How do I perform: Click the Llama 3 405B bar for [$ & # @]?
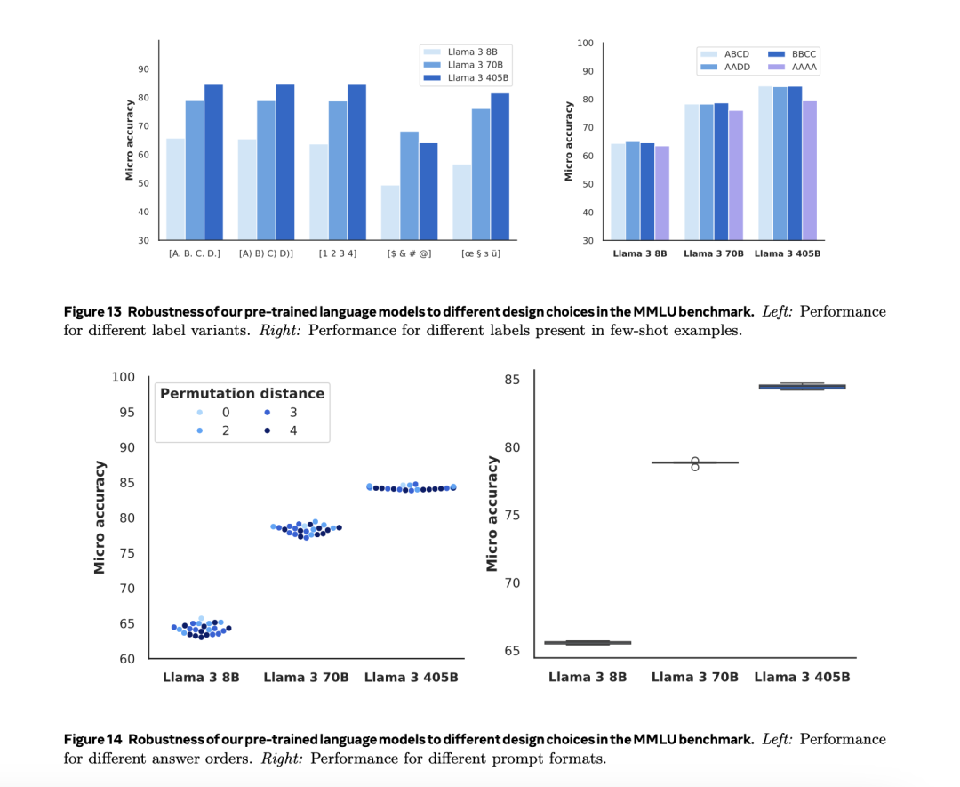tap(428, 191)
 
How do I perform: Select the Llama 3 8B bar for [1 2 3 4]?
tap(318, 191)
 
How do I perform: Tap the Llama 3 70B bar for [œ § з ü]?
tap(480, 174)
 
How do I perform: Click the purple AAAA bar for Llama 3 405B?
tap(808, 170)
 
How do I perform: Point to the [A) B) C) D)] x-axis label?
tap(267, 254)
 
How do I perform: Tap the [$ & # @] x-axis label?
tap(409, 254)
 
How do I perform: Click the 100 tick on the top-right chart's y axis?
tap(585, 43)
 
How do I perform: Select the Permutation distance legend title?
tap(242, 393)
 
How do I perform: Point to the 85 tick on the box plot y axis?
tap(512, 380)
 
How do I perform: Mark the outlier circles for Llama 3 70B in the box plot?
tap(695, 463)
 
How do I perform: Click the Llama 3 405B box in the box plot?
tap(802, 387)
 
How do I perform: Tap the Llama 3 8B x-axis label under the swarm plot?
tap(201, 678)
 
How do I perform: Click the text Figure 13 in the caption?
tap(93, 311)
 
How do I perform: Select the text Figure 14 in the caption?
tap(93, 739)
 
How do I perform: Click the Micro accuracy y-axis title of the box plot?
tap(492, 514)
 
